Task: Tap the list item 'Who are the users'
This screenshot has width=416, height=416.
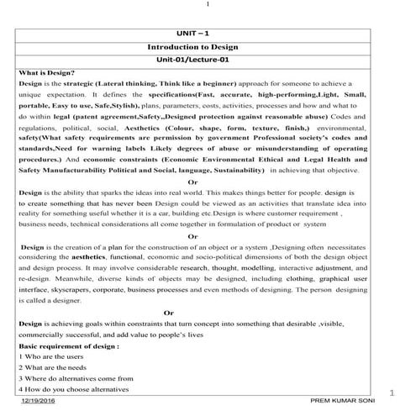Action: (x=50, y=356)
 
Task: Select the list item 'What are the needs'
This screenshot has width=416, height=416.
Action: (x=52, y=367)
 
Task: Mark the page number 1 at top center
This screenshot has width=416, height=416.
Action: (x=207, y=7)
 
